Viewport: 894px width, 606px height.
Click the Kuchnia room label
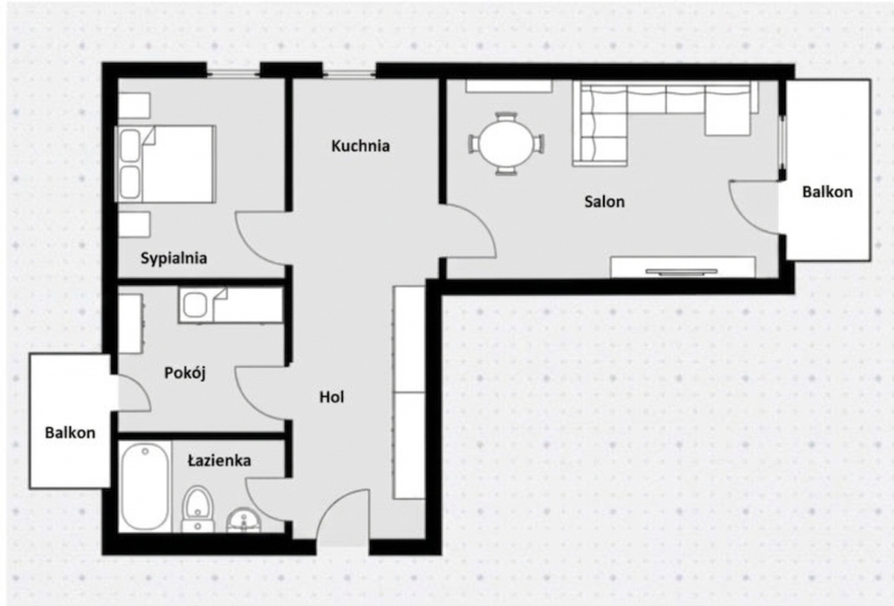click(x=361, y=146)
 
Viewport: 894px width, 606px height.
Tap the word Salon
click(x=604, y=201)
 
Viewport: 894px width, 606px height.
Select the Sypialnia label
click(x=174, y=258)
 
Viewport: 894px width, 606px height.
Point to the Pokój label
click(x=185, y=373)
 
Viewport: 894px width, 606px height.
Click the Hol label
click(x=331, y=396)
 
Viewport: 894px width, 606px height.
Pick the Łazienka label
click(x=219, y=460)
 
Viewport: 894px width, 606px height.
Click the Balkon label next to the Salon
click(x=828, y=191)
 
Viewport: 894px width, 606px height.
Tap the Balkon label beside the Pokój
click(x=70, y=433)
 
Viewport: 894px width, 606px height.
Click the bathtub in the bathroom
click(x=146, y=487)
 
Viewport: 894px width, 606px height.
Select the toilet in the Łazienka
click(x=197, y=508)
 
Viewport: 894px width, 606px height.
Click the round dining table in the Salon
click(x=506, y=144)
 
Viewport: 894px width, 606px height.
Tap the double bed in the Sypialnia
click(x=165, y=164)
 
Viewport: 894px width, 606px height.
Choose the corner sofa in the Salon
click(x=664, y=122)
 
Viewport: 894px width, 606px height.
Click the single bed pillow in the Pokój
click(x=195, y=306)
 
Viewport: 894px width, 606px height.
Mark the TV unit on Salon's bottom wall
click(x=683, y=267)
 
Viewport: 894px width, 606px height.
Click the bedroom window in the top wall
click(x=233, y=73)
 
